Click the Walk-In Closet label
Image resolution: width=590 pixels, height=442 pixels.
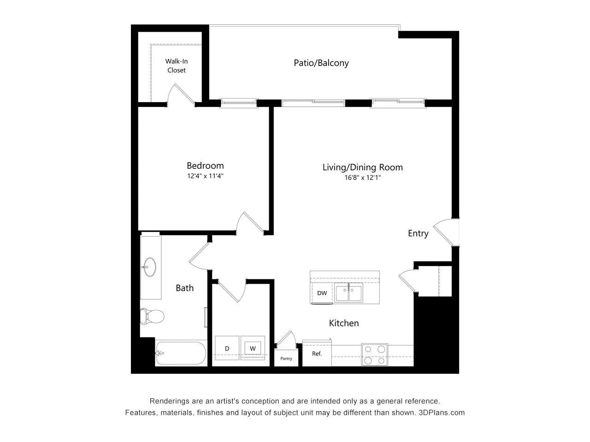(177, 66)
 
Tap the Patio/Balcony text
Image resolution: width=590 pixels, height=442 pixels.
(321, 63)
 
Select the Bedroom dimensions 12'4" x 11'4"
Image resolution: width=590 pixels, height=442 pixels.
(205, 176)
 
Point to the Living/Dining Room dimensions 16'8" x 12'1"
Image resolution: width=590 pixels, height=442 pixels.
(362, 177)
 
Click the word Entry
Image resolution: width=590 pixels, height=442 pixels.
(418, 233)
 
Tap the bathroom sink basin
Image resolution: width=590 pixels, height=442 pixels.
(149, 267)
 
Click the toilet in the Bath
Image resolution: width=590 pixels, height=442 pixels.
(153, 316)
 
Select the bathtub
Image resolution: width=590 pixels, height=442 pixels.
(181, 353)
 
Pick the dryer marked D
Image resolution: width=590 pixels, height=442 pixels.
(227, 349)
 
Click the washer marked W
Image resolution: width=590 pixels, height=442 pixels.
(253, 348)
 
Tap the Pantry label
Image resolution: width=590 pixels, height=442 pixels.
(286, 359)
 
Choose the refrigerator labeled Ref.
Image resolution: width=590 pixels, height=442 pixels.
(317, 354)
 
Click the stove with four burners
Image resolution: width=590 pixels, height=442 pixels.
(374, 355)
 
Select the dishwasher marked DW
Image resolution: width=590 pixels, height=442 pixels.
(322, 293)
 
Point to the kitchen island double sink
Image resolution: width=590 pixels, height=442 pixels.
(349, 293)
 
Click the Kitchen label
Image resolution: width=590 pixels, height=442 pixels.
(344, 323)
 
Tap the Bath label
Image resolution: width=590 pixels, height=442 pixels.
(184, 288)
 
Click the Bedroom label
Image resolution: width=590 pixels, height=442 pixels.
(205, 166)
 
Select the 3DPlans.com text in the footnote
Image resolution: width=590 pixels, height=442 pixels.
(442, 413)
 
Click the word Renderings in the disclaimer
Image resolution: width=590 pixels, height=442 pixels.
(170, 401)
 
